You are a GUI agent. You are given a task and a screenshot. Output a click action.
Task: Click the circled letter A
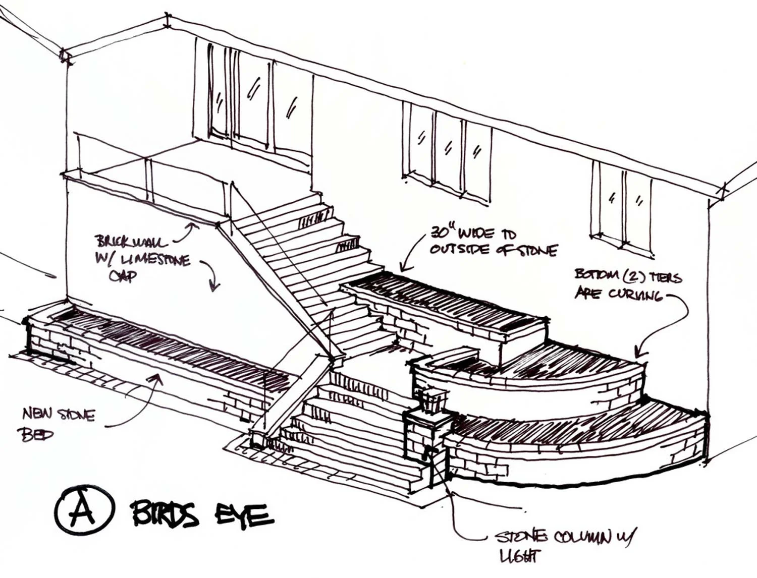coord(84,510)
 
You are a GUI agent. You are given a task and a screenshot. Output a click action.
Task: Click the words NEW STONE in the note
coord(59,415)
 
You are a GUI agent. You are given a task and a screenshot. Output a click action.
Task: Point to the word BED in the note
coord(37,434)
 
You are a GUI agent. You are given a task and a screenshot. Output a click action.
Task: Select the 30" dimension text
coord(443,232)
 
